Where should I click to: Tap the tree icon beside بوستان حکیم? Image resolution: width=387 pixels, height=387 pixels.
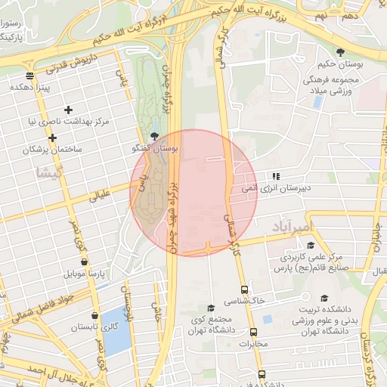coord(341,51)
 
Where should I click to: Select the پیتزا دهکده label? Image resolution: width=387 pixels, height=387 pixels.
coord(29,88)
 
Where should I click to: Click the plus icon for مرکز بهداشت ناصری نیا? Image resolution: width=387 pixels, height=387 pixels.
coord(69,110)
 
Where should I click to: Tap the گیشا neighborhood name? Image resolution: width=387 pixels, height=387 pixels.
coord(45,173)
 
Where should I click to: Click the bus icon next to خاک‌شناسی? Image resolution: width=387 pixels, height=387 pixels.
coord(244,289)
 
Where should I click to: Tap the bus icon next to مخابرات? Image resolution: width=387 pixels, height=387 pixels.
coord(253,332)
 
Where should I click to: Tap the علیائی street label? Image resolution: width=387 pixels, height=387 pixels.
coord(101,195)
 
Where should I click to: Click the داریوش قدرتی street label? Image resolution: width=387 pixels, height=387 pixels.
coord(54,67)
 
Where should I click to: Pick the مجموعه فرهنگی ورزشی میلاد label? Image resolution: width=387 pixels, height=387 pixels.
coord(336,85)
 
